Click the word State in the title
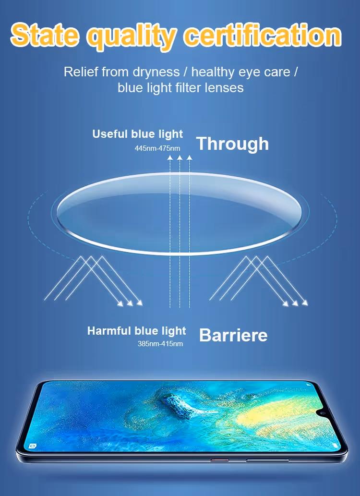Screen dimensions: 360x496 tap(45, 34)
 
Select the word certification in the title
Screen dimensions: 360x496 tap(263, 34)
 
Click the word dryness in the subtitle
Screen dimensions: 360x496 tap(156, 72)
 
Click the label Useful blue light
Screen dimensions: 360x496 tap(138, 134)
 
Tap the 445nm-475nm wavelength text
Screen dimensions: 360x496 tap(157, 148)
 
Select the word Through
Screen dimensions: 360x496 tap(232, 144)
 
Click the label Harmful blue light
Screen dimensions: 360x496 tap(137, 331)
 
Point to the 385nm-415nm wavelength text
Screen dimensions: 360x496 tap(160, 343)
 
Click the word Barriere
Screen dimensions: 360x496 tap(233, 335)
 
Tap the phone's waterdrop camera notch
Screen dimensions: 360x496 tap(323, 413)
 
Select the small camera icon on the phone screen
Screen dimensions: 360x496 tap(32, 446)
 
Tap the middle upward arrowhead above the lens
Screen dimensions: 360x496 tap(180, 157)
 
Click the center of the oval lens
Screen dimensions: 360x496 tap(180, 214)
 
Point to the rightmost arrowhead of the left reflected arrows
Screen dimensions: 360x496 tap(140, 302)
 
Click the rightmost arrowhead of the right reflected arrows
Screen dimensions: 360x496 tap(305, 302)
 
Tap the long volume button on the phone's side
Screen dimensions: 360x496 tap(267, 460)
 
